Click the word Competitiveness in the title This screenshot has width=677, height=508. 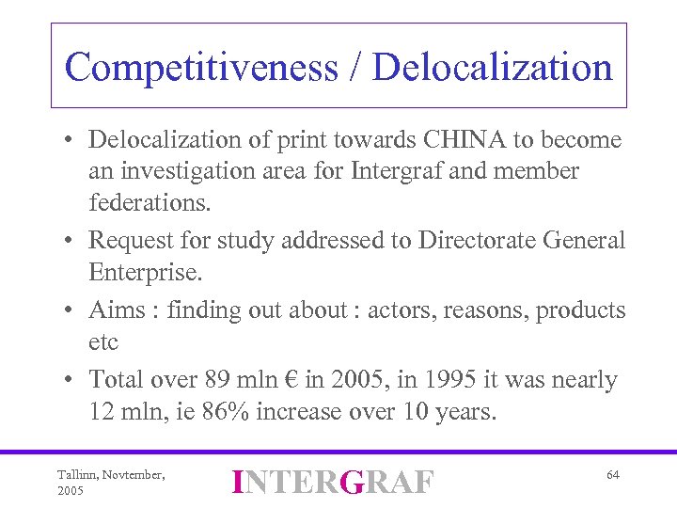coord(200,68)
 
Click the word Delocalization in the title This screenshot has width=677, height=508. coord(493,68)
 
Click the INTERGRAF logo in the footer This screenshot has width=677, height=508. coord(334,482)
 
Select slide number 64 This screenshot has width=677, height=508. coord(612,475)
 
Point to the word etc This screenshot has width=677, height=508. coord(103,341)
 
